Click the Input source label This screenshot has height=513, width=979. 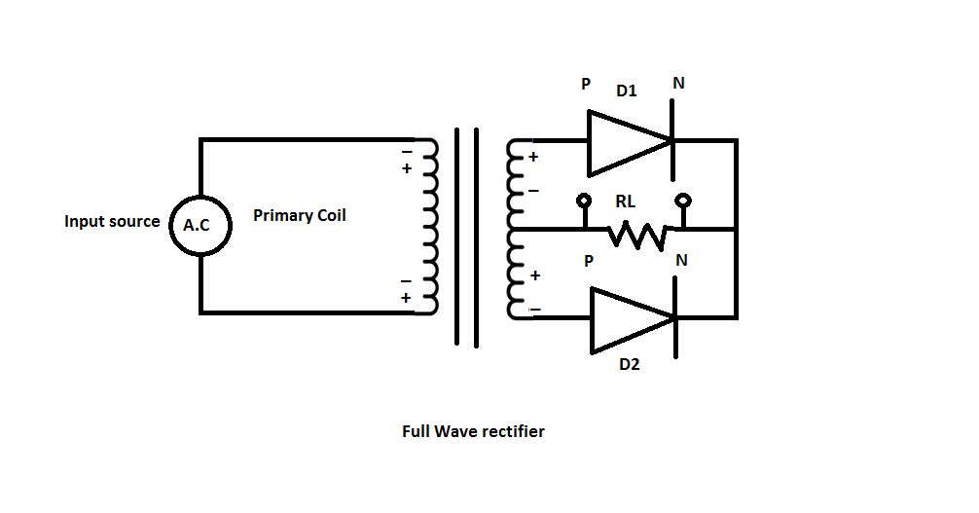(112, 221)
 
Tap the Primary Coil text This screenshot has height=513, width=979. (300, 215)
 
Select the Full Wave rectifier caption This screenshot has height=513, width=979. (473, 430)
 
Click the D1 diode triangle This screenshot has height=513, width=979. (627, 141)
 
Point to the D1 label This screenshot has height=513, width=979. (627, 92)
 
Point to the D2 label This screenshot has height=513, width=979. (630, 367)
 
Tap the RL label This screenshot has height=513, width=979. (626, 202)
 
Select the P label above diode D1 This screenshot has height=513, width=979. (586, 84)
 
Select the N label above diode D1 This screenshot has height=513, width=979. (678, 84)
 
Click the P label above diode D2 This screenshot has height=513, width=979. (588, 262)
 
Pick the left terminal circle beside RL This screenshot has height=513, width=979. (584, 201)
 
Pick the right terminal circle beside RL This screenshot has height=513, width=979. (684, 201)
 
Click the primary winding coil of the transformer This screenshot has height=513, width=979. (428, 226)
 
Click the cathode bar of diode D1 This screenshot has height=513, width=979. (672, 141)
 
